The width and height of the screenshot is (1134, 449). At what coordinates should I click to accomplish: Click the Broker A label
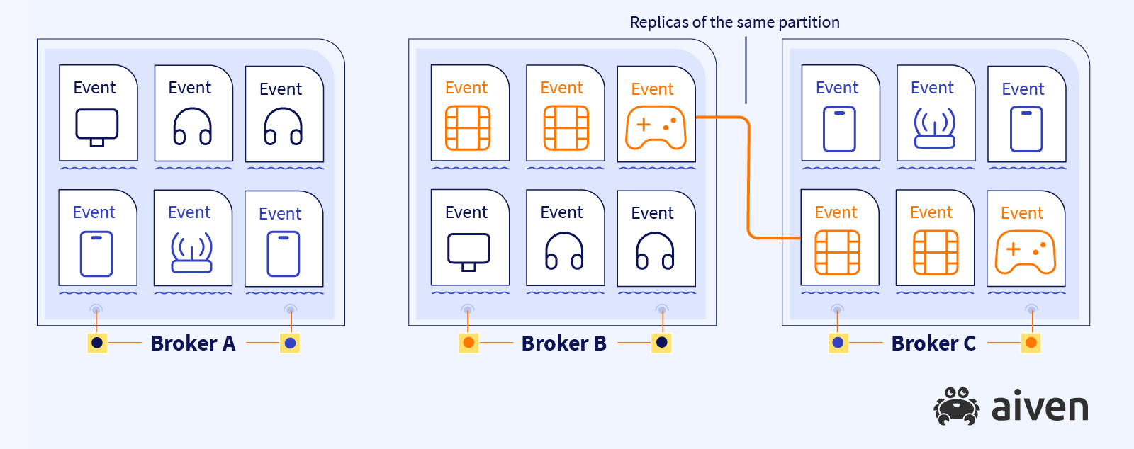pos(193,343)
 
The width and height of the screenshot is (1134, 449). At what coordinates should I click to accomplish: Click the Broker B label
pos(564,343)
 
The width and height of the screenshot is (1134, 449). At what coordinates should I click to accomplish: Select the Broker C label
pos(933,343)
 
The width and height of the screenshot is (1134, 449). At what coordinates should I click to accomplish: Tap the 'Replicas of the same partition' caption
pos(734,23)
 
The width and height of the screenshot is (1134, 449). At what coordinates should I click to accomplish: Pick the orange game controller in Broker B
pos(656,127)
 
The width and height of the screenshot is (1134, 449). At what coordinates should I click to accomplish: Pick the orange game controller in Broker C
pos(1026,252)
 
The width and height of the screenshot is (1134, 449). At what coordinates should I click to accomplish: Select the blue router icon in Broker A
pos(191,253)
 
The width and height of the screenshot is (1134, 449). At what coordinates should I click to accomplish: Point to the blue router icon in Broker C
pos(935,128)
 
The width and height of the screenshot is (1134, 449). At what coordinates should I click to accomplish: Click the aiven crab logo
pos(956,407)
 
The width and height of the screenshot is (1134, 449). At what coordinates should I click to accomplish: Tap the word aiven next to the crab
pos(1040,407)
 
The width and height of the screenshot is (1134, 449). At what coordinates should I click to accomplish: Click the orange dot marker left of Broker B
pos(468,343)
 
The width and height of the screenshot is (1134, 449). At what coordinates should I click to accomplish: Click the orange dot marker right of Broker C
pos(1031,343)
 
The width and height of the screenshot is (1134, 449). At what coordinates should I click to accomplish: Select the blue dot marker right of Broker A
pos(290,343)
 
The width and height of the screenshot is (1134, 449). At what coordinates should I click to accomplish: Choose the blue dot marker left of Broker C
pos(838,343)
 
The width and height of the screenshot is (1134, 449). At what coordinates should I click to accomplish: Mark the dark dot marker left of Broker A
pos(97,343)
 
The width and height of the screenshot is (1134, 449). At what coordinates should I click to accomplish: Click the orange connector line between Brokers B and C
pos(748,177)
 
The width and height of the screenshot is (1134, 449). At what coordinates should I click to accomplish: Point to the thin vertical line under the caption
pos(746,71)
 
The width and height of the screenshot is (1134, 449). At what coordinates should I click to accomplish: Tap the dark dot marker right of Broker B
pos(661,343)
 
